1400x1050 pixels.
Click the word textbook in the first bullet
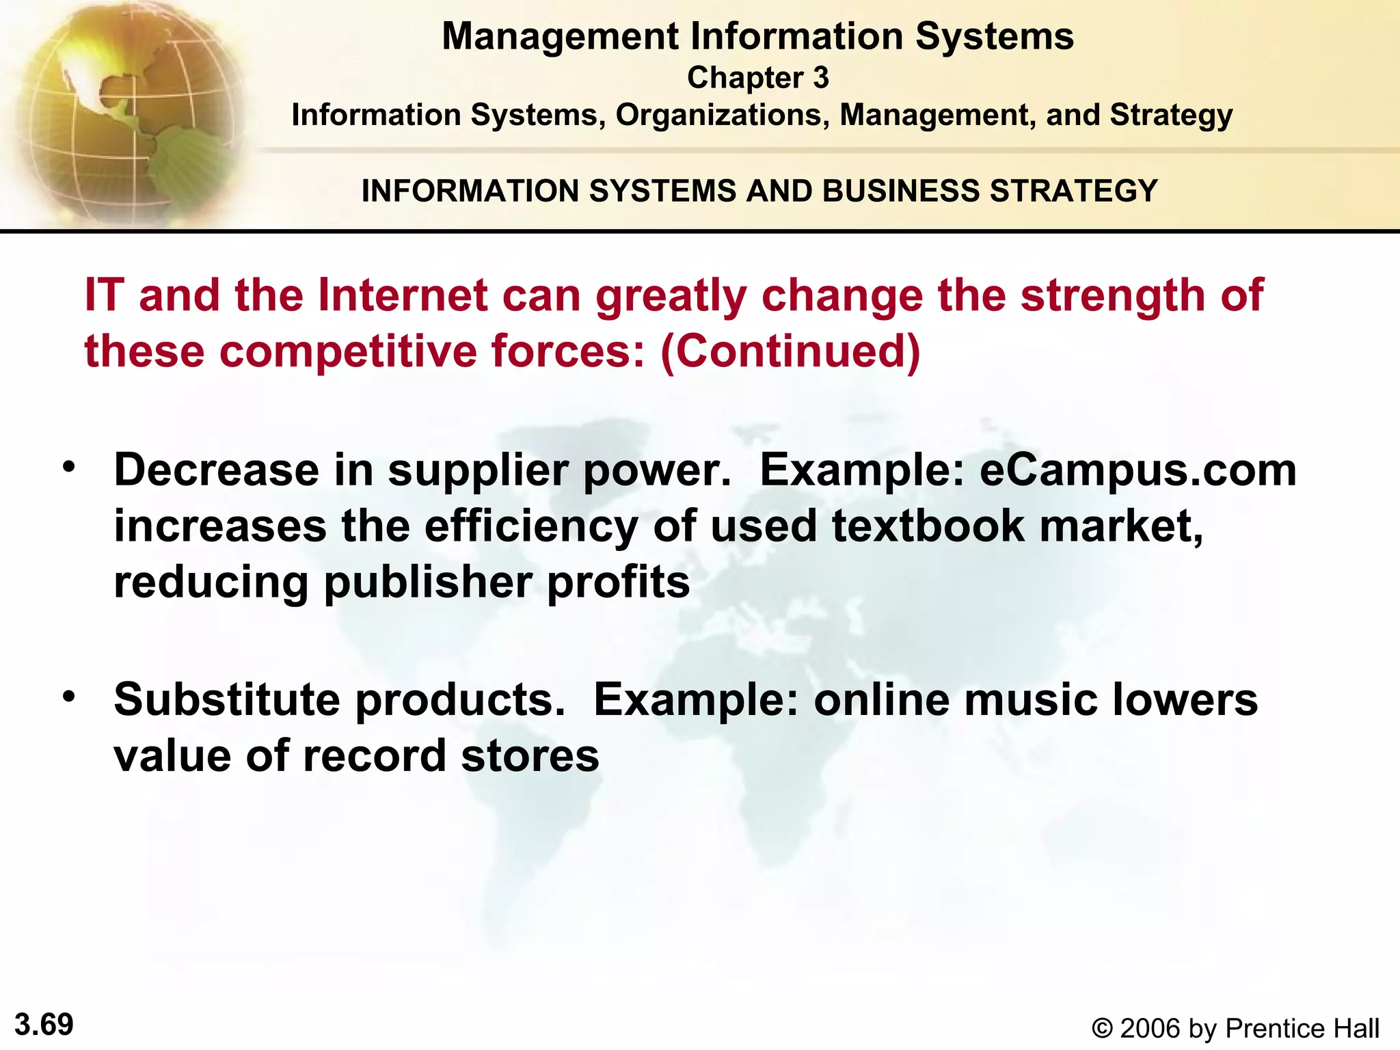[928, 526]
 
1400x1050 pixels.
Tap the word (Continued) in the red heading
[790, 351]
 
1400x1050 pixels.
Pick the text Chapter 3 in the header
[757, 78]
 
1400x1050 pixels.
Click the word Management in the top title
[560, 36]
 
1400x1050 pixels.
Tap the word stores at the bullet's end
[530, 756]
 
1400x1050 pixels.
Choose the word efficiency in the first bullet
[530, 528]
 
